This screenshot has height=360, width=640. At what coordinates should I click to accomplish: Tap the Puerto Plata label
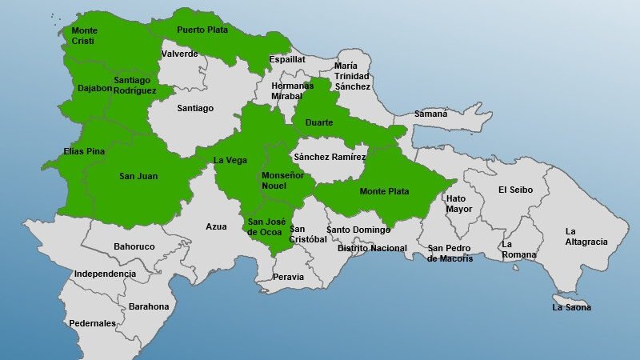tap(202, 30)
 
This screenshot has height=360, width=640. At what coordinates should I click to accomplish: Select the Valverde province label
tap(179, 54)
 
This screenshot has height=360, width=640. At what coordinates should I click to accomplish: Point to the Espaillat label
tap(287, 59)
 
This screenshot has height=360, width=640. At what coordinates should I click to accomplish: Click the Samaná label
tap(430, 114)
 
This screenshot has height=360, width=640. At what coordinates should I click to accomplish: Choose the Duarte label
tap(319, 122)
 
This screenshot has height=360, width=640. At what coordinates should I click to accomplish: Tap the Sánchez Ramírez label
tap(330, 158)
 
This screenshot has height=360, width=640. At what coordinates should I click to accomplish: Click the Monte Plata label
tap(384, 192)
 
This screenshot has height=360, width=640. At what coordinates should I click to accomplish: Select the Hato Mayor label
tap(459, 204)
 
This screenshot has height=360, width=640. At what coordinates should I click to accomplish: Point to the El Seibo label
tap(514, 190)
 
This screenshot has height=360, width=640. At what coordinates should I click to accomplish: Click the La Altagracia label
tap(586, 237)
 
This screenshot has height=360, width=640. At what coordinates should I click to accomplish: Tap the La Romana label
tap(518, 250)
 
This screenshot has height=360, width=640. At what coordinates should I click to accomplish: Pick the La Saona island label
tap(572, 307)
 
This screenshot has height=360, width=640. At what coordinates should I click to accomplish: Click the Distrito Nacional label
tap(372, 248)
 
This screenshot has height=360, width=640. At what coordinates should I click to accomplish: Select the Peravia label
tap(288, 277)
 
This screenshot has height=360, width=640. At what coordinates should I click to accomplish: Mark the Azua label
tap(216, 226)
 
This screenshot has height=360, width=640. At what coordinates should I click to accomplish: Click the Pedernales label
tap(92, 323)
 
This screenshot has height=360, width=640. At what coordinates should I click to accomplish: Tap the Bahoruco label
tap(134, 246)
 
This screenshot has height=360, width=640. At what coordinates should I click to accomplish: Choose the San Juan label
tap(138, 176)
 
